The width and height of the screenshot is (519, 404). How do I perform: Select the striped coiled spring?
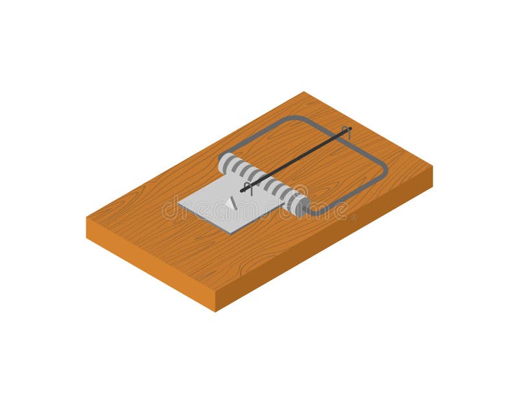[x=263, y=183]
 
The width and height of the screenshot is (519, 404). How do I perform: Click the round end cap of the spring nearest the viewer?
[x=301, y=206]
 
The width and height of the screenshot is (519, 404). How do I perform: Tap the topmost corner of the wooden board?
[x=304, y=92]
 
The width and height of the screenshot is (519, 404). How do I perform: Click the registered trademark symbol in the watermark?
[x=354, y=217]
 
